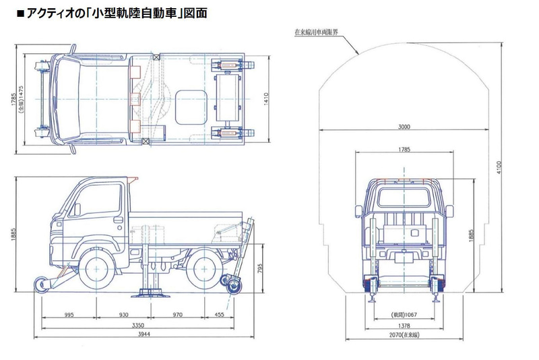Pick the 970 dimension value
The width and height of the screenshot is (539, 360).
point(177,315)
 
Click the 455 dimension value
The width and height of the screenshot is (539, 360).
point(219,315)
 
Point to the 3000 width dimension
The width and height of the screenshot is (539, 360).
point(403,127)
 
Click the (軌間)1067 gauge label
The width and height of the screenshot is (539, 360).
point(404,314)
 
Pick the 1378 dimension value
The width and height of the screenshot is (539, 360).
point(403,324)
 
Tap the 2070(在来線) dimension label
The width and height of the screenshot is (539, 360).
point(403,335)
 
